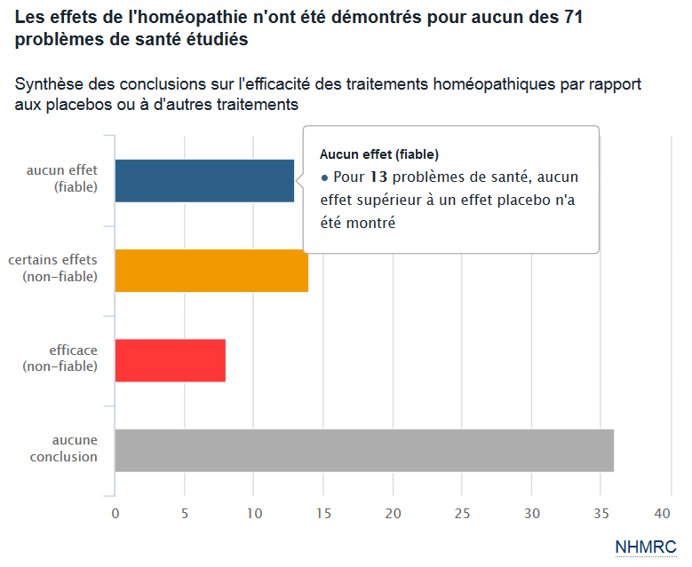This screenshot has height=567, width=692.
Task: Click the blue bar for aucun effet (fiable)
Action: click(x=204, y=181)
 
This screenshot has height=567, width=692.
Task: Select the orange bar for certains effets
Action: click(x=211, y=271)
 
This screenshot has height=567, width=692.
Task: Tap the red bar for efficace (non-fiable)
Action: click(x=170, y=360)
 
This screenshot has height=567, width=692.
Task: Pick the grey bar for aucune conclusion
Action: click(x=364, y=451)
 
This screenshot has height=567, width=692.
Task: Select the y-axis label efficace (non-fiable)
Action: click(x=60, y=358)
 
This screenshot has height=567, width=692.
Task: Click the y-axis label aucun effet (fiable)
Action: click(x=62, y=178)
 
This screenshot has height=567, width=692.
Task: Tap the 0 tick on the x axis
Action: click(x=115, y=514)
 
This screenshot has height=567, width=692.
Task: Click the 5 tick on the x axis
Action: click(x=184, y=514)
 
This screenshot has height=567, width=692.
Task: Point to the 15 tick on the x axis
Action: click(x=322, y=514)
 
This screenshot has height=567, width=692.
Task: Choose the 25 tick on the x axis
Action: click(x=461, y=514)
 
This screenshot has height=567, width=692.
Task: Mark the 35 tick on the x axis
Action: click(x=600, y=514)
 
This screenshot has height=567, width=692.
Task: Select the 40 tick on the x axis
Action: click(x=663, y=514)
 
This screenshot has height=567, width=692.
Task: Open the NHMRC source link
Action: click(x=646, y=547)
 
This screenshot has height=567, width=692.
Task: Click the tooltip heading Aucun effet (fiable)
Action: click(x=379, y=154)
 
